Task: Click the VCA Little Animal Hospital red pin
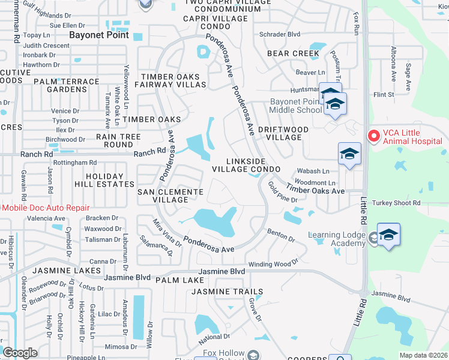[373, 136]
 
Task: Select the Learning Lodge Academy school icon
[388, 235]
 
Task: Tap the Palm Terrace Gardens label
[66, 85]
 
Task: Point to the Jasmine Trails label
[227, 292]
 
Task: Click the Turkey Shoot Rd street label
[396, 203]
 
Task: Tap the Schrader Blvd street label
[279, 34]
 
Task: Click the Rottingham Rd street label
[74, 163]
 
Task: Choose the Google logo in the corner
[20, 353]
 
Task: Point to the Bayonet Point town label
[94, 35]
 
